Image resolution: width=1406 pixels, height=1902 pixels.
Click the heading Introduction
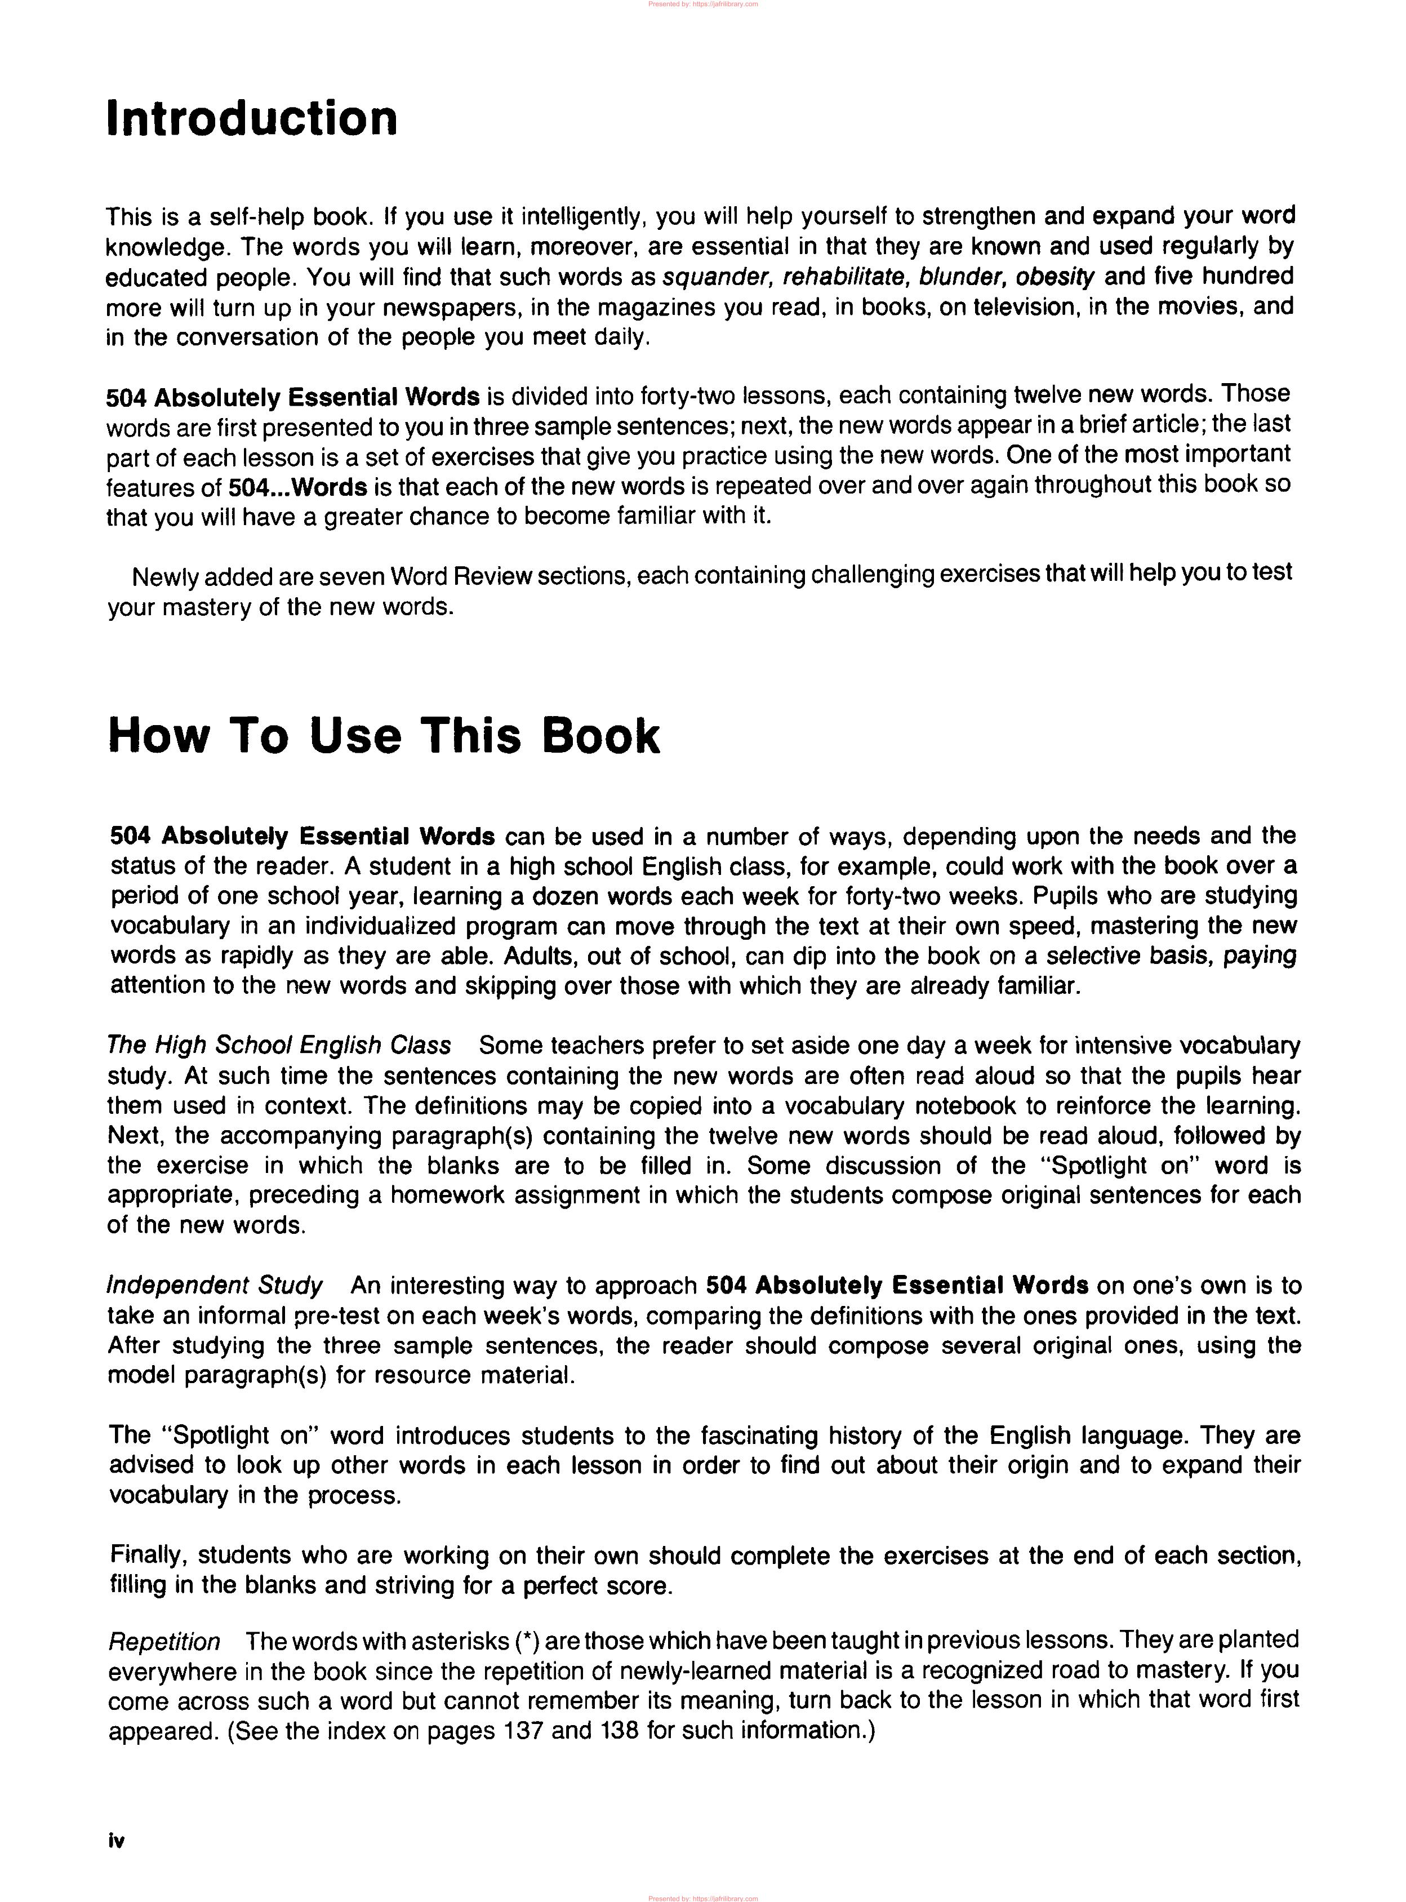click(x=252, y=118)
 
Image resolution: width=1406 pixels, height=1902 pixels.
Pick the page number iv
click(x=117, y=1840)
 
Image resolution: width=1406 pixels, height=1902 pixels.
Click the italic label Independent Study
click(x=215, y=1285)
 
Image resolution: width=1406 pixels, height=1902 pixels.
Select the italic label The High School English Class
click(x=278, y=1045)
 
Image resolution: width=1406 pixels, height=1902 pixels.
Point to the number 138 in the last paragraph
click(x=620, y=1730)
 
